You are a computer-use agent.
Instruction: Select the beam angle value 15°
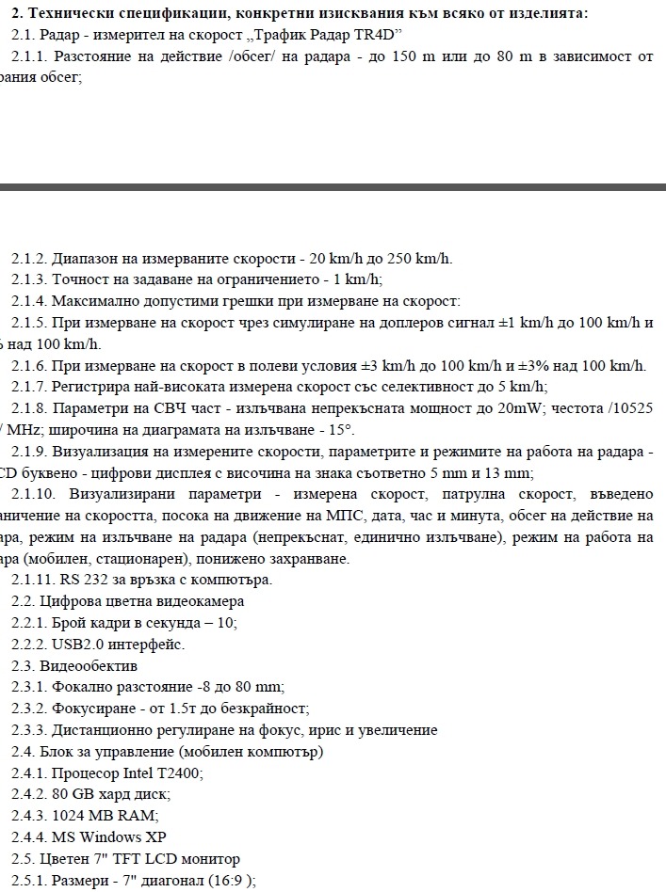click(338, 430)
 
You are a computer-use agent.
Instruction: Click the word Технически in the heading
click(67, 13)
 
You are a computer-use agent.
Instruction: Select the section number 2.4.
click(23, 751)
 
